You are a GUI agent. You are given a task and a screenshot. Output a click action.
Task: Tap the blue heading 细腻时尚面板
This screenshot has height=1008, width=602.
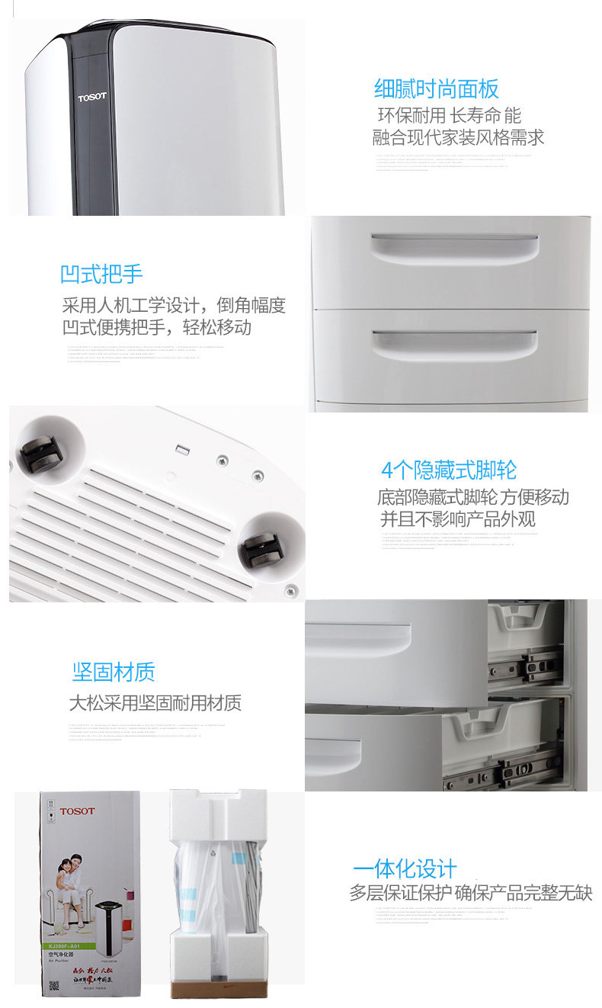click(436, 89)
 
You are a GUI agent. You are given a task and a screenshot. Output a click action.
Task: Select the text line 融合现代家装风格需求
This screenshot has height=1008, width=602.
click(458, 138)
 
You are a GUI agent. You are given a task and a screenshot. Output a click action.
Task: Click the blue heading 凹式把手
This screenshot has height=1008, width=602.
click(101, 274)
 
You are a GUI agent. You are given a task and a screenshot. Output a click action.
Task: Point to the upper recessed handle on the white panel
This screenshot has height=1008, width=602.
click(454, 247)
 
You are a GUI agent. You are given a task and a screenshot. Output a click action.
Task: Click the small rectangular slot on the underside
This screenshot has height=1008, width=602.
click(181, 449)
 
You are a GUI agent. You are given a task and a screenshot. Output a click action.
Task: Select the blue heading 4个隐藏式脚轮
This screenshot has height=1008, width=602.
click(448, 470)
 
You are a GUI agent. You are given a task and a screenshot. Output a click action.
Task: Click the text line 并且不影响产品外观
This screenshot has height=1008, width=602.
click(457, 519)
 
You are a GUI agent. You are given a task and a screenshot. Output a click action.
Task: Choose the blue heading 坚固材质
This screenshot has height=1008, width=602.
click(114, 672)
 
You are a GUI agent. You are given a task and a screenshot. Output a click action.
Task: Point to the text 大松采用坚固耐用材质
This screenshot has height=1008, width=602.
click(155, 703)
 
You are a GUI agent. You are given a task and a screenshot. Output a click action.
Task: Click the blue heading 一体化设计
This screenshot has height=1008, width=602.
click(404, 868)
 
